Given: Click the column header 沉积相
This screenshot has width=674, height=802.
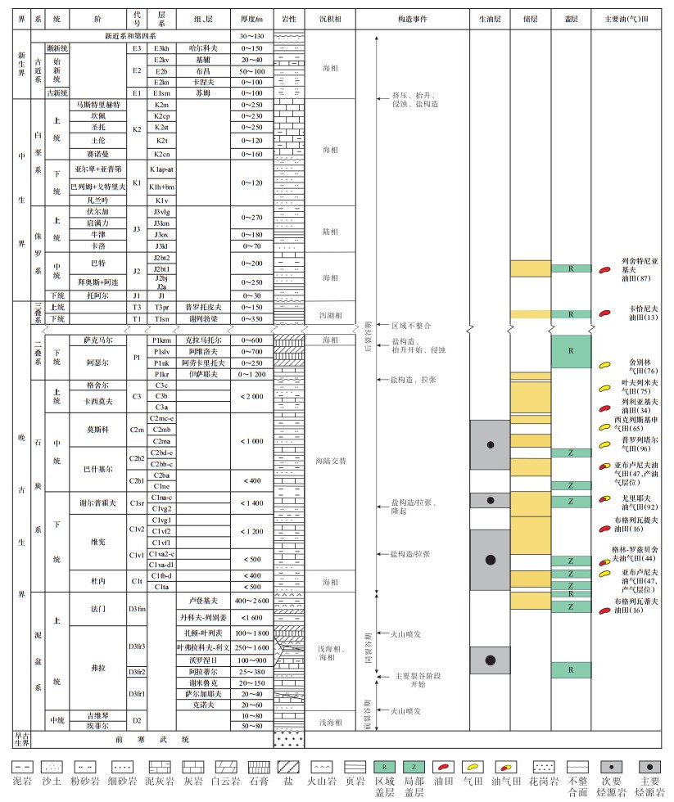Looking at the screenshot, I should click(331, 16).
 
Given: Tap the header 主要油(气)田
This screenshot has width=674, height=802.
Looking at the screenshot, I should click(631, 16).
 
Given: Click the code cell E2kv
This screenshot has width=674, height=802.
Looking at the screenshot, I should click(161, 60).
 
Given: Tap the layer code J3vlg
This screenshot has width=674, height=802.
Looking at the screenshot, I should click(161, 210).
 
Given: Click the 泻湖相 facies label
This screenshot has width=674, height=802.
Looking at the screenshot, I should click(331, 313).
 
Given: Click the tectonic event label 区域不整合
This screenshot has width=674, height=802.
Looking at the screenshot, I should click(411, 325).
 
